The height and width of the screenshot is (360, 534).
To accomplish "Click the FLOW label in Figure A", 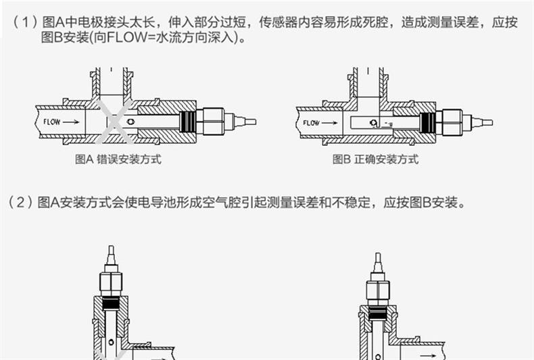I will [x=51, y=122].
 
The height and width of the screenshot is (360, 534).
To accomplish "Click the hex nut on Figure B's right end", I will [x=450, y=122].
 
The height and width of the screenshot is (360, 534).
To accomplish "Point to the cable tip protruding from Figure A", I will [x=248, y=122].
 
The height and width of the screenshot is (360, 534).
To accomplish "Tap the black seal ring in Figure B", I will [x=427, y=122].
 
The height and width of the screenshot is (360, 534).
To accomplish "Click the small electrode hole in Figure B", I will [x=372, y=123].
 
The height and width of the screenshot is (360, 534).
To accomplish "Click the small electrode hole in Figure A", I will [x=132, y=122].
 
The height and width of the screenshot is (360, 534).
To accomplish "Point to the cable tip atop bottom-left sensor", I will [x=111, y=256].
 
